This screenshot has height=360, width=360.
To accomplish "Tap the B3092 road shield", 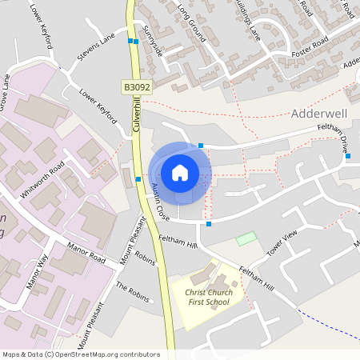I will coord(136,85).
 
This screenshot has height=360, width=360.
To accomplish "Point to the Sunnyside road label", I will coord(153,45).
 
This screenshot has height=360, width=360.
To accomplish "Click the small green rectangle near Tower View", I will coord(246,238).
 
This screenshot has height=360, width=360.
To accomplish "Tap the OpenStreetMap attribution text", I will coord(81,354).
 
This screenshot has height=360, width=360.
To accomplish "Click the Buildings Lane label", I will coord(249,20).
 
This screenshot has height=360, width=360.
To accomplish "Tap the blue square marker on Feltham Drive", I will coord(348,155).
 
